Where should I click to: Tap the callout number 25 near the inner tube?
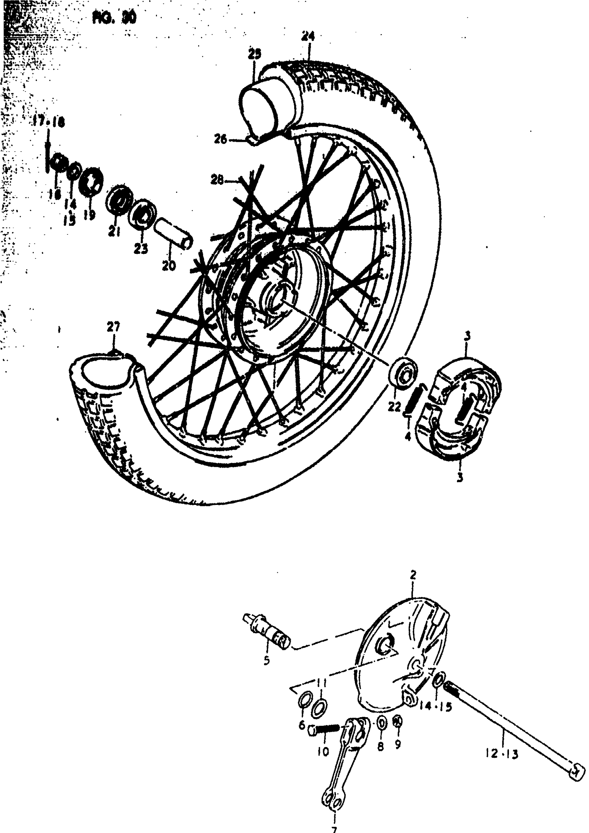coord(254,54)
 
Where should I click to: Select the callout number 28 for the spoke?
coord(218,180)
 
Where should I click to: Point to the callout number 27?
coord(114,328)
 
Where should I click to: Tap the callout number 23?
coord(141,248)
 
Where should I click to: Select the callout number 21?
coord(115,231)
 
